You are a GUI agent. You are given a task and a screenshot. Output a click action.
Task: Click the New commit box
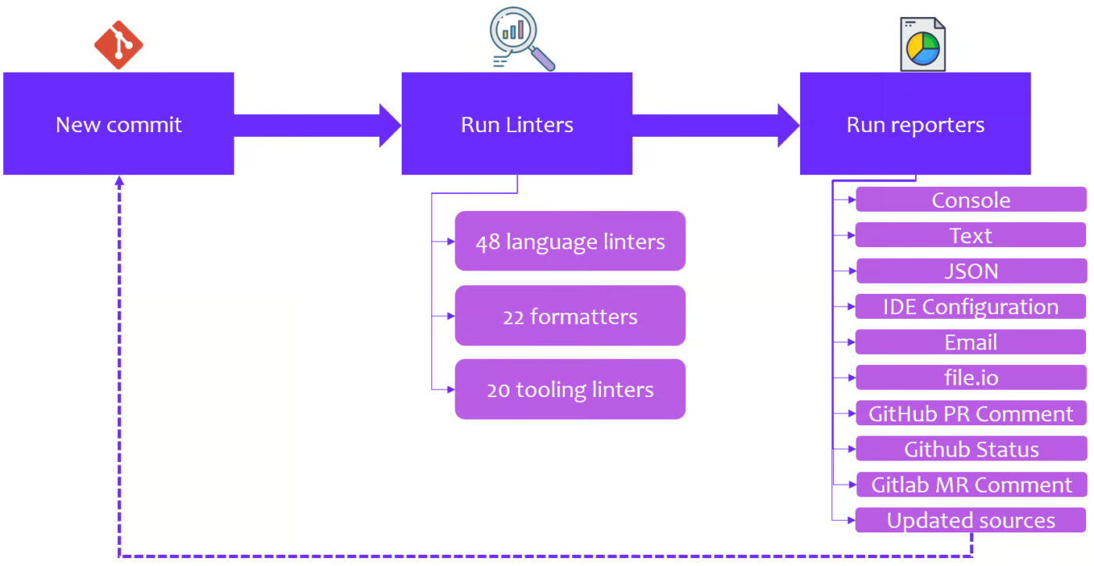119,124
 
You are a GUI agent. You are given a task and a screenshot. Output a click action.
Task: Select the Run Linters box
517,124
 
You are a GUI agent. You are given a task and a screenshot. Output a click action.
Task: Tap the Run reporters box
915,124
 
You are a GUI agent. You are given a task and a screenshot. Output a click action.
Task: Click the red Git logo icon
119,45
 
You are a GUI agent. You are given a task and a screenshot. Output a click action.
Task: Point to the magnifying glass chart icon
522,38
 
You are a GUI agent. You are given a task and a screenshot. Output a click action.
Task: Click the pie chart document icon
923,45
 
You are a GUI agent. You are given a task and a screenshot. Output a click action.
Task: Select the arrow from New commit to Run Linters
317,125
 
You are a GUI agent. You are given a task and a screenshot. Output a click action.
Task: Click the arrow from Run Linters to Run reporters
716,125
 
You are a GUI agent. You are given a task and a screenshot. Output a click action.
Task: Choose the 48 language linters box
570,241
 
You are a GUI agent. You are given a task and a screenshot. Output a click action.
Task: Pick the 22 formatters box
570,316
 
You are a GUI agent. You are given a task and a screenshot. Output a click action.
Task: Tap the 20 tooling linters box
570,389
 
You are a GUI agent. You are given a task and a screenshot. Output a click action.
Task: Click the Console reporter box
971,199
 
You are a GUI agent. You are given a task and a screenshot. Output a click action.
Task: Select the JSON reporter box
971,270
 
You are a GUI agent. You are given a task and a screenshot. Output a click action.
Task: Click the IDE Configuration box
971,306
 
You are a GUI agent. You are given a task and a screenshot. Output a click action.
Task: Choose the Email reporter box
971,342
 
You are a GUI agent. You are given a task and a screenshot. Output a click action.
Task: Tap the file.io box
971,378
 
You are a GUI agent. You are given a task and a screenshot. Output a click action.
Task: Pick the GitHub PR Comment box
971,413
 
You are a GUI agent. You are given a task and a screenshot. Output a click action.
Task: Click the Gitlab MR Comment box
971,485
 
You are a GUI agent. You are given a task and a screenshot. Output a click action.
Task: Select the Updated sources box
971,520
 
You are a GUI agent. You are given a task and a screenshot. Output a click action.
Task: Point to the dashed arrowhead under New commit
119,181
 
